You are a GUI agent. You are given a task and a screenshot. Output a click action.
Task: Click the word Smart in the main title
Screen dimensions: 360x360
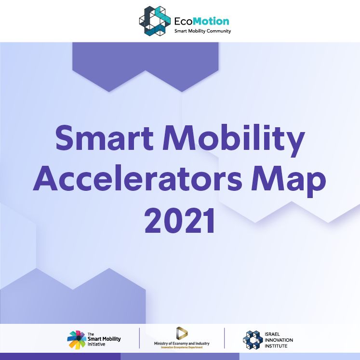pos(105,138)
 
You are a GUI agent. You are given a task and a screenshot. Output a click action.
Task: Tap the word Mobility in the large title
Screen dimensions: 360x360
pos(234,140)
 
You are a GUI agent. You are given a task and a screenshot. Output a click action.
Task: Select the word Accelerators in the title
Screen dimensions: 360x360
pos(138,178)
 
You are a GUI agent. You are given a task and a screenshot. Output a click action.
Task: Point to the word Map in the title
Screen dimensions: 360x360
pos(289,181)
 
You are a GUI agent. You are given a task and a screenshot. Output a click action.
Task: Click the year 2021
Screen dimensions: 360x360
pos(180,221)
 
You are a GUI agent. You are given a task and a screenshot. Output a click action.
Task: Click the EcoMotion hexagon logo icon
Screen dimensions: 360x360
pos(155,21)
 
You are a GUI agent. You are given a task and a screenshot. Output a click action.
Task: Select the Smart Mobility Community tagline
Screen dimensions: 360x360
pos(202,31)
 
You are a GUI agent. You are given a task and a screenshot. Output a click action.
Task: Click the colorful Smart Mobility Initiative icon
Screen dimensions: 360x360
pos(77,340)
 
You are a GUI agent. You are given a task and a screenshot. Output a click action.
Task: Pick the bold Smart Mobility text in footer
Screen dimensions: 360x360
pos(104,339)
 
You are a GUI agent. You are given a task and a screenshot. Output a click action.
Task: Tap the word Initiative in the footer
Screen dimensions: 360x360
pos(96,344)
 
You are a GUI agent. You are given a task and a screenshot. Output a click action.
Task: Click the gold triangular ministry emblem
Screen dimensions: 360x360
pos(182,333)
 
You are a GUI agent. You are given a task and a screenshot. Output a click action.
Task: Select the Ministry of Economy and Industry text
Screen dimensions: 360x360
pos(182,344)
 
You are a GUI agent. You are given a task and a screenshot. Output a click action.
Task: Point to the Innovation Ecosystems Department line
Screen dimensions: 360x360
pos(182,347)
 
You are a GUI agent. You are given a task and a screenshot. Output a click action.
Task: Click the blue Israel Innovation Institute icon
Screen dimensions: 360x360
pos(253,340)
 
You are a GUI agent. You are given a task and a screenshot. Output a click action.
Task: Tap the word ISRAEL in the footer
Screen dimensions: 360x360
pos(272,334)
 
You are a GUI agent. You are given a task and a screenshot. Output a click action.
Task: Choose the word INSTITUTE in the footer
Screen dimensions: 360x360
pos(276,346)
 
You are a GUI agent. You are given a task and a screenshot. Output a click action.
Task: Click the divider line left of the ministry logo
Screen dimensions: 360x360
pos(139,338)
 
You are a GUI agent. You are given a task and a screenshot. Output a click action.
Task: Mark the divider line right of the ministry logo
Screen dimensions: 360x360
pos(224,338)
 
